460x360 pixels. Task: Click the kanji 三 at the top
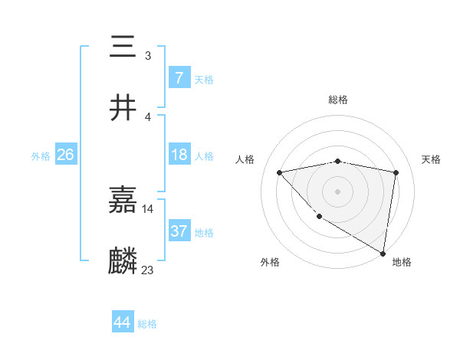123,47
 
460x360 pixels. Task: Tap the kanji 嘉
123,200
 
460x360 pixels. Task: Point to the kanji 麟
123,260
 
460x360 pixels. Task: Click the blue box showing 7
179,77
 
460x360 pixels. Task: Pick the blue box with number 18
179,154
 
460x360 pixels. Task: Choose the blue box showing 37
179,231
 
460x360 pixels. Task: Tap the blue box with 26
65,154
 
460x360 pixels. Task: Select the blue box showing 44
122,322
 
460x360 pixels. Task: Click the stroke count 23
148,270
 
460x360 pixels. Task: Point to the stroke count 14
148,208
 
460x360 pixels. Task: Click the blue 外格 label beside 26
41,155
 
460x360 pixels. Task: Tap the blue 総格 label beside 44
147,324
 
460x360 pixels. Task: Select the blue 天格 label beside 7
204,79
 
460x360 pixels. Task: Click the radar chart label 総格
338,100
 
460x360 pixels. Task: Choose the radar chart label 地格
402,262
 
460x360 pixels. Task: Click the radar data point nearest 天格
396,172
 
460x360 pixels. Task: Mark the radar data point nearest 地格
383,253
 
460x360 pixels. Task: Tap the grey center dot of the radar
338,191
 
